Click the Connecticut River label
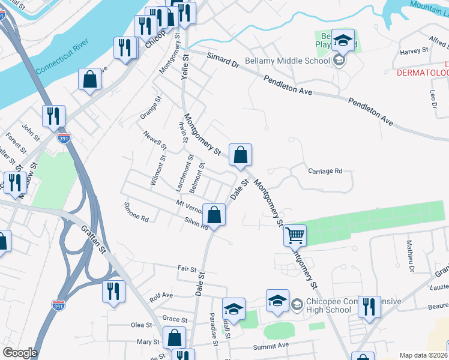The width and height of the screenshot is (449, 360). tap(62, 56)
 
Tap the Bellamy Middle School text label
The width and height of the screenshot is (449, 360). tap(296, 60)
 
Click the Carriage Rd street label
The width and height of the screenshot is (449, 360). tap(325, 171)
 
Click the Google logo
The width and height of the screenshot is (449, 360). tap(20, 352)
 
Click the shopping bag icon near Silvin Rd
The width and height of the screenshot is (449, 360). tap(214, 214)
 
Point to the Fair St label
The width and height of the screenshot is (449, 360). tap(187, 268)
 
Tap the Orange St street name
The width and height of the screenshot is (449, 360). tap(151, 107)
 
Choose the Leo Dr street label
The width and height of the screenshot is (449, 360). tap(432, 98)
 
